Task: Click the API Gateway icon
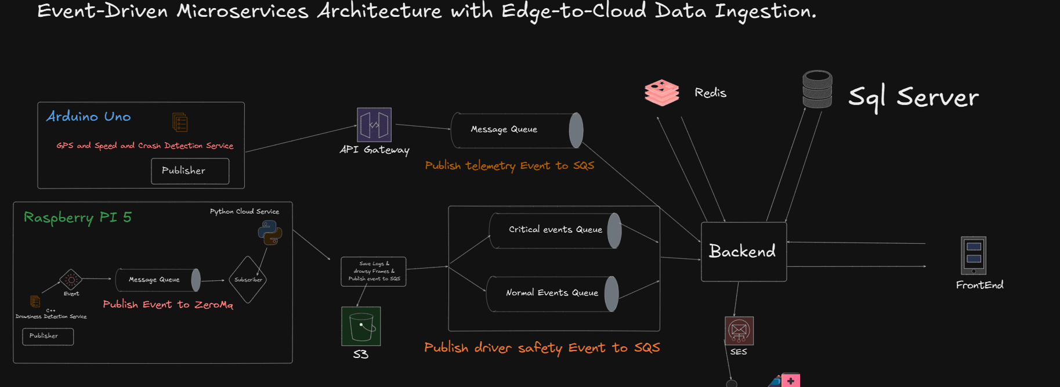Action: [x=374, y=125]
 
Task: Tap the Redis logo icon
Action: [x=661, y=93]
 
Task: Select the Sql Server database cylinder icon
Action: [x=817, y=89]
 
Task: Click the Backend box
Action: [x=743, y=251]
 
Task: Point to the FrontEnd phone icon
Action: [x=973, y=255]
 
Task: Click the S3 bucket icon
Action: [x=361, y=326]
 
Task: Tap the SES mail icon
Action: [x=739, y=331]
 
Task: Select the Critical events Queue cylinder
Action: [x=555, y=230]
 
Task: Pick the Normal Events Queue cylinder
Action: [x=552, y=294]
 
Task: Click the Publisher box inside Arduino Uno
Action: [x=190, y=171]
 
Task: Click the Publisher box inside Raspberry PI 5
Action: [x=48, y=337]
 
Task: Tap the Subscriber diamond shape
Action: [x=248, y=280]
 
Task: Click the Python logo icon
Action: [x=270, y=232]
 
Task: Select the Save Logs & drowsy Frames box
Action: [x=373, y=272]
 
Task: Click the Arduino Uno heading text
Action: [x=89, y=117]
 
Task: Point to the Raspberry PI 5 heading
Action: [x=78, y=218]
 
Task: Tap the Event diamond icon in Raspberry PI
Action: [x=71, y=280]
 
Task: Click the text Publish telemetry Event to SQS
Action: [x=509, y=166]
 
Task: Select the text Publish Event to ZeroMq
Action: [x=168, y=305]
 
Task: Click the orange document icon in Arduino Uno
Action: [x=180, y=122]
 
